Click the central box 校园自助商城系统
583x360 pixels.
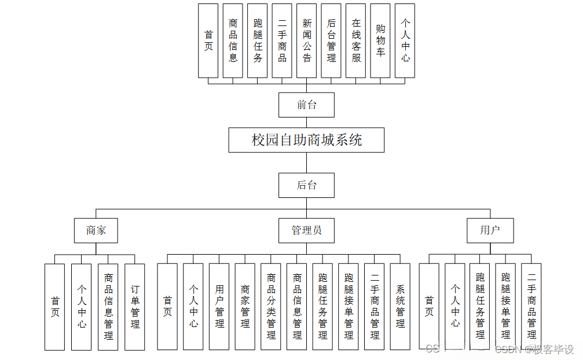306,140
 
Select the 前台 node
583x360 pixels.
306,105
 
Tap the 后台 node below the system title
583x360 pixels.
306,185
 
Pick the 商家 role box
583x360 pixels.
96,230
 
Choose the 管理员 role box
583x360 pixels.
306,230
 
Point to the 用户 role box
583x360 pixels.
490,230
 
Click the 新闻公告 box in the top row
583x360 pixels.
307,41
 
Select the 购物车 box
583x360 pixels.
380,41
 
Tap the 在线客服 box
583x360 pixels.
356,41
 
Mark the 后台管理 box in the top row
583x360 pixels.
331,41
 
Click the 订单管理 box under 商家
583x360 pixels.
135,307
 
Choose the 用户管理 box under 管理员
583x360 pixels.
219,307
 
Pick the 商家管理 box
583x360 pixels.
245,307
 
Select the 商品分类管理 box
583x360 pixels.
271,307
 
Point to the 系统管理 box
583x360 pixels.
400,307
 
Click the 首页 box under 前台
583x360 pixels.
208,41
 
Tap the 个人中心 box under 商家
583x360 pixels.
82,307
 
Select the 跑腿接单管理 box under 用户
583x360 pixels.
505,307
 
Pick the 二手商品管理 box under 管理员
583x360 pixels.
375,307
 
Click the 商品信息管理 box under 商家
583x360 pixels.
108,307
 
